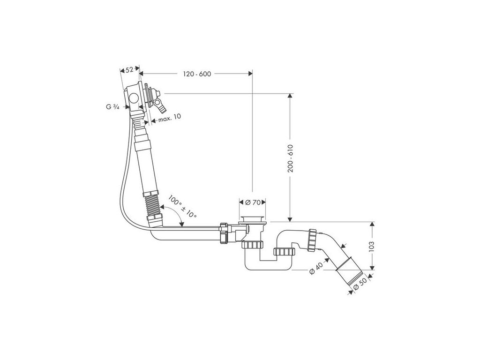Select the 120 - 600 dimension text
point(197,74)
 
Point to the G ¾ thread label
point(112,107)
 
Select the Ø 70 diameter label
point(253,202)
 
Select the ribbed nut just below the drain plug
point(253,244)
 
